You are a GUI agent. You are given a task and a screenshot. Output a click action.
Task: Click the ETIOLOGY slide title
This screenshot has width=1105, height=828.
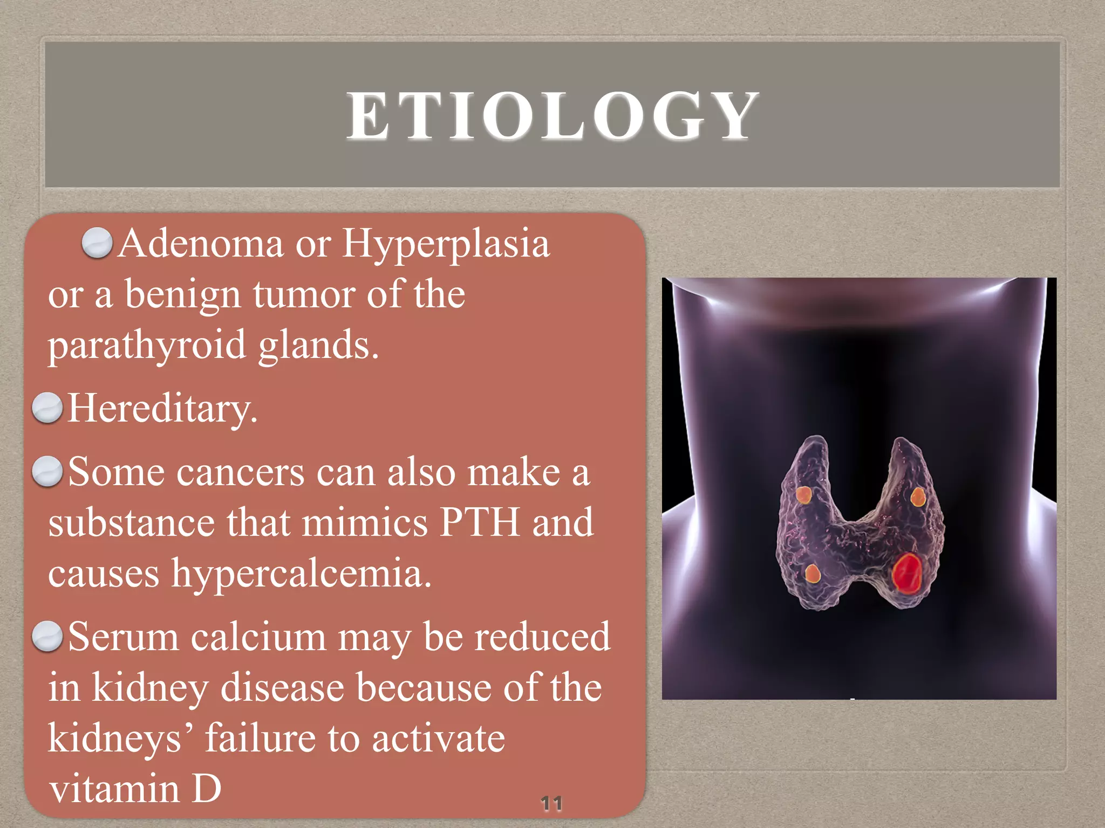point(552,116)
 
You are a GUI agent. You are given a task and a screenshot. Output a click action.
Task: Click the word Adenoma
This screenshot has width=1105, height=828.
point(201,244)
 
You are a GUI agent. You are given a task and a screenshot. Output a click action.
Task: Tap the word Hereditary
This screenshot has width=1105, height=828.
point(162,409)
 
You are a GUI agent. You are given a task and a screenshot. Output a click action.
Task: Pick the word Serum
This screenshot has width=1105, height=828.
point(124,637)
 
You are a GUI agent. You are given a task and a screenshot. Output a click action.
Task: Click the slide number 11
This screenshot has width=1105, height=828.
point(551,803)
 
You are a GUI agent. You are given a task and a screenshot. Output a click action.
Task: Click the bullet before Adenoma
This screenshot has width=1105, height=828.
point(97,243)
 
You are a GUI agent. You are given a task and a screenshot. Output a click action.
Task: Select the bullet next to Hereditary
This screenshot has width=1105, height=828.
point(47,408)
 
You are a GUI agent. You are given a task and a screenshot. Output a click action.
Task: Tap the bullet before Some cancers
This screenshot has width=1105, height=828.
point(47,471)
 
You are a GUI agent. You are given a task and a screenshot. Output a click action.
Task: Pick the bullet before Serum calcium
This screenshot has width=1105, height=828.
point(47,636)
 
